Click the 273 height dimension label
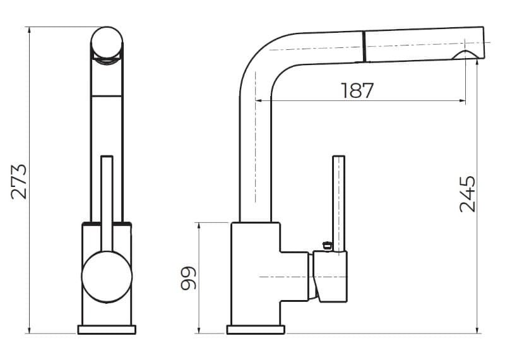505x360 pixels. point(19,182)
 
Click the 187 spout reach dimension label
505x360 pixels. point(357,90)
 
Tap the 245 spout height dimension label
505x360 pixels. point(467,194)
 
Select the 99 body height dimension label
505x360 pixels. point(188,278)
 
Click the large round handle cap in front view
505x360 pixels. point(107,277)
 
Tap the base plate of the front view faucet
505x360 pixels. point(107,330)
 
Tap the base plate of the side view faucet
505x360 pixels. point(256,330)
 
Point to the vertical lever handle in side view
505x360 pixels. point(339,204)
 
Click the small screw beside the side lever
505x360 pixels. point(326,246)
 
